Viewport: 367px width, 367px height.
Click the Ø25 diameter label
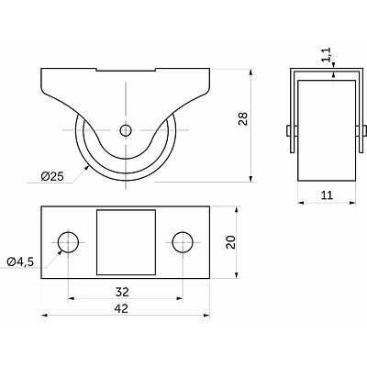(x=52, y=176)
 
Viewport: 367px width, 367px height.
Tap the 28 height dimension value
(x=243, y=119)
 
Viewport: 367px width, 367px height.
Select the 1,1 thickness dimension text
(x=327, y=55)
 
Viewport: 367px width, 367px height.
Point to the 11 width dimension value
(x=327, y=195)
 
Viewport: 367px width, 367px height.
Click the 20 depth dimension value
(x=231, y=242)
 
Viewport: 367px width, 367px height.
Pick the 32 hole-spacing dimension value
(x=122, y=292)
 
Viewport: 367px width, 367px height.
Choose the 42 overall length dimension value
(x=121, y=308)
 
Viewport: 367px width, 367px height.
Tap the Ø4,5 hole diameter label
(x=20, y=261)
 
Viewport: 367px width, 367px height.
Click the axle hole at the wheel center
(x=126, y=130)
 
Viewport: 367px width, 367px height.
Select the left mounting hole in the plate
(x=68, y=242)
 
